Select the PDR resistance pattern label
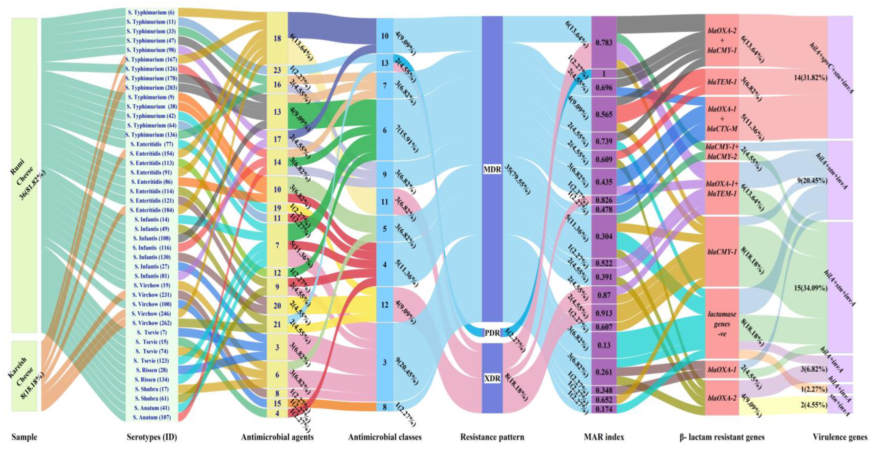pos(492,333)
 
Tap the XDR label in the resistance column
pos(492,379)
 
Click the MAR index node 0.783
pos(603,43)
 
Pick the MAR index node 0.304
pos(603,236)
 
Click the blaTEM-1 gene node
pos(722,81)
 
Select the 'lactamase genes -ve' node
pos(722,324)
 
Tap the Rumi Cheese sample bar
pos(24,175)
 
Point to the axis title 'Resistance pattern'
pos(492,437)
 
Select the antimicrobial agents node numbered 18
pos(277,38)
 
